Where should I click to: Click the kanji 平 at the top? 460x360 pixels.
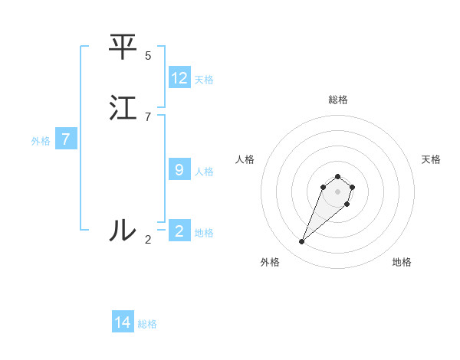click(x=122, y=47)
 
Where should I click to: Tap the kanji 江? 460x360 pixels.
click(x=123, y=108)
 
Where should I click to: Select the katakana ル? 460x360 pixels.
click(x=122, y=229)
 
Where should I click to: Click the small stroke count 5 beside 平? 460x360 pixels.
click(x=148, y=56)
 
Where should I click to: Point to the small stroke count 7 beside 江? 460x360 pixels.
click(x=148, y=117)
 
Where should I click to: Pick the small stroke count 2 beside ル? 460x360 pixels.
click(x=148, y=239)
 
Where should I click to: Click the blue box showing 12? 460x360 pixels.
click(x=179, y=78)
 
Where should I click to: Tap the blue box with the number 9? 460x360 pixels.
click(x=179, y=170)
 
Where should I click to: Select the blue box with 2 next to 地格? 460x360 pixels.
click(x=179, y=231)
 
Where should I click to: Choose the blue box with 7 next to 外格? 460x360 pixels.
click(x=66, y=139)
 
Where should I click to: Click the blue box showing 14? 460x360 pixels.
click(x=123, y=322)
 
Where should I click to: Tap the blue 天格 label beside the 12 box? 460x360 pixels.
click(x=204, y=79)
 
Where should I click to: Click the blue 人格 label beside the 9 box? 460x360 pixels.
click(x=204, y=171)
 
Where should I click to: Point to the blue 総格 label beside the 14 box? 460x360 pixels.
click(x=147, y=323)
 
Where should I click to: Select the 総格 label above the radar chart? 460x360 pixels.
click(x=337, y=100)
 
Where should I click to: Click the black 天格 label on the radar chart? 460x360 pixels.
click(x=431, y=159)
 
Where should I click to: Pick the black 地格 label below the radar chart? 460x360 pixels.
click(x=402, y=262)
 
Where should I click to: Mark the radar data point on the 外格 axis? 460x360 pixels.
click(x=301, y=242)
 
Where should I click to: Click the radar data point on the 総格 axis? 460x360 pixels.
click(x=337, y=177)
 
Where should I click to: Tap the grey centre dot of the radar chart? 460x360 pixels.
click(x=337, y=191)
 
